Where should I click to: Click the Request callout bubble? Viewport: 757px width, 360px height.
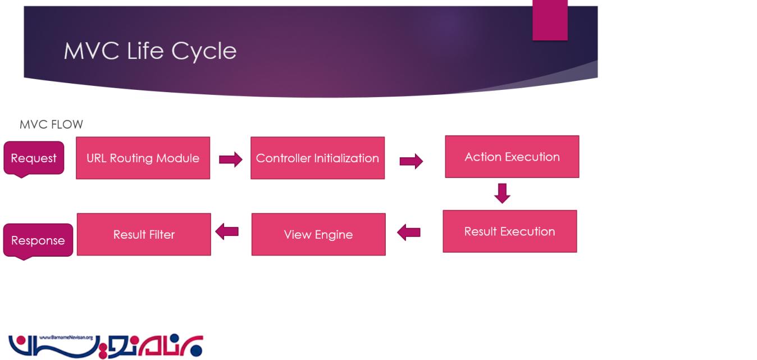pos(34,158)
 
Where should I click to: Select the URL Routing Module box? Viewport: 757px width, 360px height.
pos(143,158)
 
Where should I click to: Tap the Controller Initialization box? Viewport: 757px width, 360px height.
pos(317,158)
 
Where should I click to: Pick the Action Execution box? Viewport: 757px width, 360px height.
pos(512,157)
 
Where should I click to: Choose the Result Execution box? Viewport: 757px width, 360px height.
pos(509,231)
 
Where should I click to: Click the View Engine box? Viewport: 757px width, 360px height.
pos(318,234)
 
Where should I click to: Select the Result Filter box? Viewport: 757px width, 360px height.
pos(144,234)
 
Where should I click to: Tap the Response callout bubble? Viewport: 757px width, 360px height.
pos(38,240)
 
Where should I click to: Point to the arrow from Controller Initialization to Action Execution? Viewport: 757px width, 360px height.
pos(411,162)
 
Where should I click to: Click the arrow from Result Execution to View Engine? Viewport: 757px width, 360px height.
pos(409,231)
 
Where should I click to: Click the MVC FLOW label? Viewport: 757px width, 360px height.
pos(51,124)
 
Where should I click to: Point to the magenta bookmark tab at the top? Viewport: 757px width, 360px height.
pos(550,20)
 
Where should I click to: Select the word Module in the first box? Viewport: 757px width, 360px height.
pos(179,158)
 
